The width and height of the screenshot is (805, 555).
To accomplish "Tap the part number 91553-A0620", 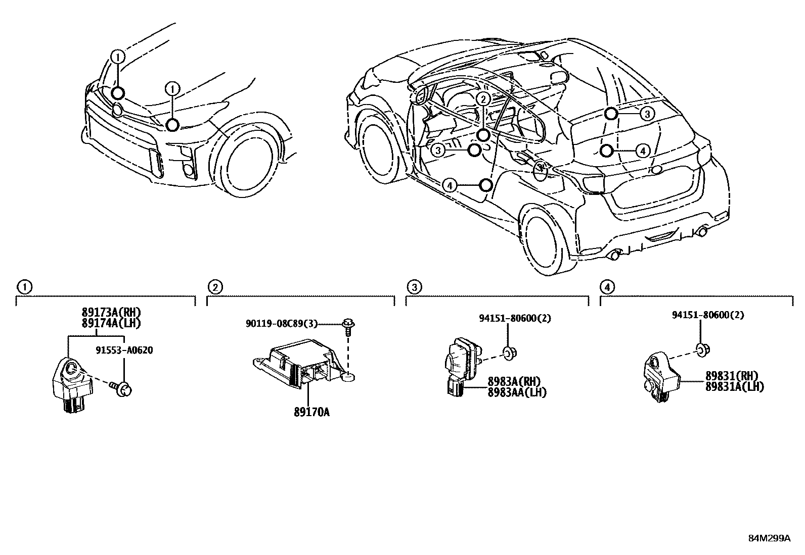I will [x=124, y=350].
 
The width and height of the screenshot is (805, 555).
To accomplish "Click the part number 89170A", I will [x=311, y=413].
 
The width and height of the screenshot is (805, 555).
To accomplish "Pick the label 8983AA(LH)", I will [x=517, y=392].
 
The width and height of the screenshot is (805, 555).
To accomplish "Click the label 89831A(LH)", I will [x=734, y=387].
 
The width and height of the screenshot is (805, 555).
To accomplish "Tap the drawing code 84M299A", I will [x=769, y=538].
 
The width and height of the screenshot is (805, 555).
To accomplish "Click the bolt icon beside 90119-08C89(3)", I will [x=348, y=325].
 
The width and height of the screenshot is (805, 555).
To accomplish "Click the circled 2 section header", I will [x=215, y=287].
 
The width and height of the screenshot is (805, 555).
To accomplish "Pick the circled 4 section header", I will [x=607, y=287].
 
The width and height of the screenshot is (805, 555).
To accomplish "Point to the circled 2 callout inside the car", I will [x=483, y=99].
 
